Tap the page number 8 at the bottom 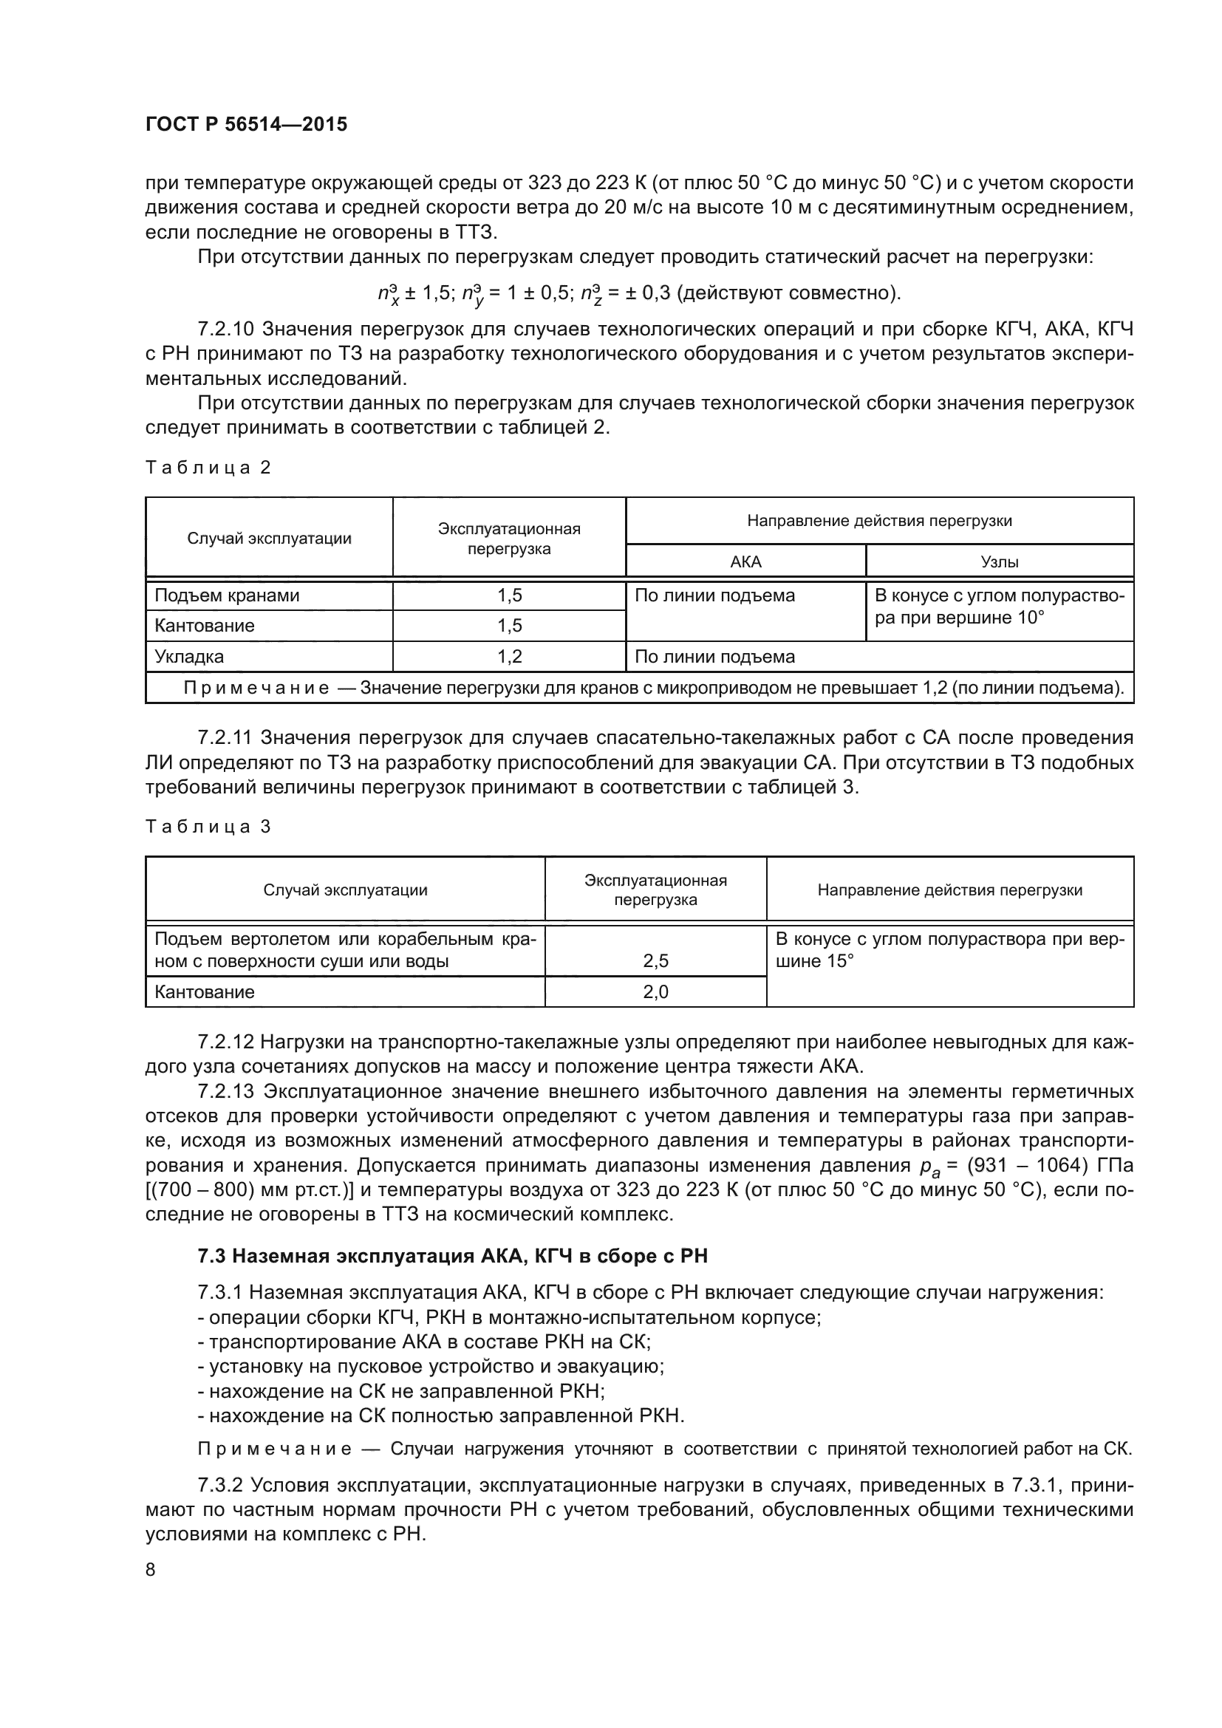pyautogui.click(x=151, y=1569)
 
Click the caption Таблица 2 pyautogui.click(x=208, y=468)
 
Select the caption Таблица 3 pyautogui.click(x=208, y=827)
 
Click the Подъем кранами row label pyautogui.click(x=227, y=595)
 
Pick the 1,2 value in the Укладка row pyautogui.click(x=510, y=656)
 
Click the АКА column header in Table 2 pyautogui.click(x=745, y=561)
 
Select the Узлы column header pyautogui.click(x=1000, y=561)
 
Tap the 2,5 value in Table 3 pyautogui.click(x=655, y=961)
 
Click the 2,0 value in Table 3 pyautogui.click(x=655, y=992)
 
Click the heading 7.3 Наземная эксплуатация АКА pyautogui.click(x=452, y=1256)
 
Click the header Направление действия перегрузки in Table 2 pyautogui.click(x=879, y=521)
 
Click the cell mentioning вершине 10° pyautogui.click(x=1000, y=607)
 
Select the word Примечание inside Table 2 pyautogui.click(x=256, y=688)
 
